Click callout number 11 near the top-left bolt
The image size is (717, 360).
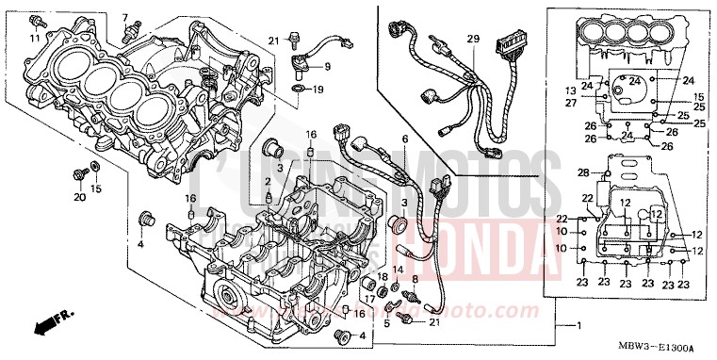35,40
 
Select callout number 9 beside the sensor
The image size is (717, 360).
328,67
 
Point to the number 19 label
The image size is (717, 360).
318,90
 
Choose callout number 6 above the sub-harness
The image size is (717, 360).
404,139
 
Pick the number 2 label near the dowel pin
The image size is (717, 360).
268,181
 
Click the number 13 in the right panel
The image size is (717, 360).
570,90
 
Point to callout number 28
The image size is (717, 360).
582,172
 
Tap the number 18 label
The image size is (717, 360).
383,276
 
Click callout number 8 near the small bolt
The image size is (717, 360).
414,278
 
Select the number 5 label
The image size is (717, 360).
386,322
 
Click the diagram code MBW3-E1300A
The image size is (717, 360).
671,347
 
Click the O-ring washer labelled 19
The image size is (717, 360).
296,90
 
